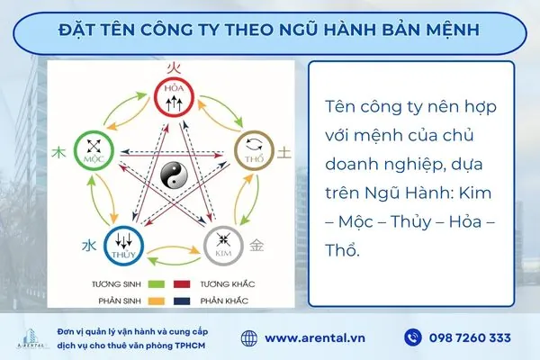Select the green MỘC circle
click(90, 148)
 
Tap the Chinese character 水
click(88, 245)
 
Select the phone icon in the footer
click(414, 337)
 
